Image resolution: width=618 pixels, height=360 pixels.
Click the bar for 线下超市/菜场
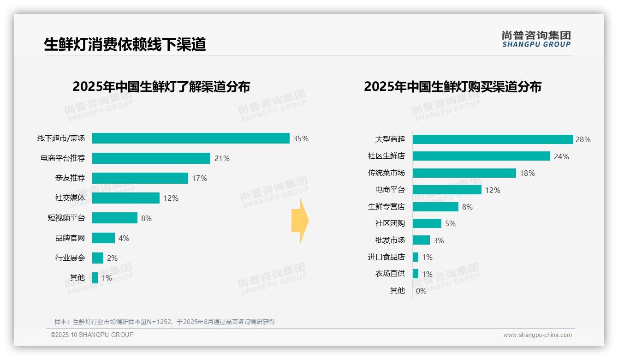(190, 138)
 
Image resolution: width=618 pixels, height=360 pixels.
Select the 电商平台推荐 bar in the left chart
(151, 158)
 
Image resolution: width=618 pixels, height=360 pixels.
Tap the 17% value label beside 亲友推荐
(200, 178)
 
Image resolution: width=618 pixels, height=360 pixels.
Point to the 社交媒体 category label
(70, 198)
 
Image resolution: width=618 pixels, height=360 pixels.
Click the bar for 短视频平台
(114, 218)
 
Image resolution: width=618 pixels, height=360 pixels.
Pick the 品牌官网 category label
(70, 238)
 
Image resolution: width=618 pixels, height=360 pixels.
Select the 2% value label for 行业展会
(112, 258)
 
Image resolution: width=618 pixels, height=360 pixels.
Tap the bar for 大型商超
(493, 139)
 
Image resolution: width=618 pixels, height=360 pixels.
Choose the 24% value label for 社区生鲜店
(561, 156)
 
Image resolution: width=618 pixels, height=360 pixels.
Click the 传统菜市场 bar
(464, 173)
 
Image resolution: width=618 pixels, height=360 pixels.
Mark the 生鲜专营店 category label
(386, 207)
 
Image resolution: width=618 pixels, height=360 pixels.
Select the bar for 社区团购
(427, 223)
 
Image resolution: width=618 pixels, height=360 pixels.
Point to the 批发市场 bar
(421, 240)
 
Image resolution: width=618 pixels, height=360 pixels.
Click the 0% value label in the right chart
(421, 291)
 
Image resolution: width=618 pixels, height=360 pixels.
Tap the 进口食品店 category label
(386, 257)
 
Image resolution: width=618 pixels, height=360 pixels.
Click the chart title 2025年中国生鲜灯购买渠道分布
(452, 87)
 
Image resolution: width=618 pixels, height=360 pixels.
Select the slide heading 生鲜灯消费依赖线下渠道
(125, 44)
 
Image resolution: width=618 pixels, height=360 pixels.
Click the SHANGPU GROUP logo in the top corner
(536, 39)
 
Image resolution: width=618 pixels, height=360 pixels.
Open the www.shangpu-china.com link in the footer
(537, 335)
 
